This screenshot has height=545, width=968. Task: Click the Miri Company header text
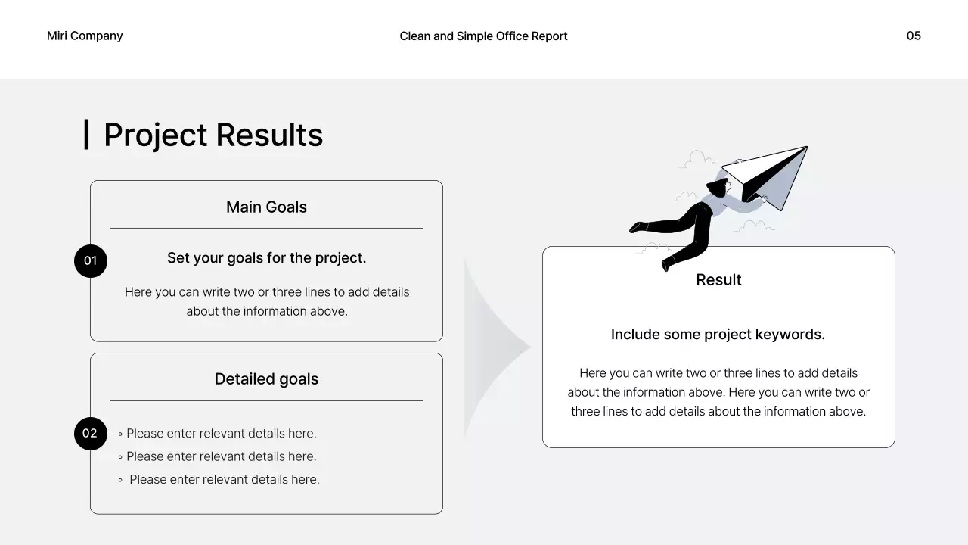pyautogui.click(x=85, y=36)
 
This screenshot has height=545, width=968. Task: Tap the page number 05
pyautogui.click(x=914, y=36)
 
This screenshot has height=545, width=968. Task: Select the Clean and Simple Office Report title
pyautogui.click(x=483, y=36)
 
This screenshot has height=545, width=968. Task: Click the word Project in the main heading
pyautogui.click(x=155, y=135)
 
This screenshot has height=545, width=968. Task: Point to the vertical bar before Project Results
pyautogui.click(x=86, y=134)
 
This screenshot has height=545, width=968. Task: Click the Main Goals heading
pyautogui.click(x=266, y=207)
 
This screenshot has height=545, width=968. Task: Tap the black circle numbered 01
pyautogui.click(x=91, y=261)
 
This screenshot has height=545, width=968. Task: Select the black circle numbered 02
pyautogui.click(x=91, y=434)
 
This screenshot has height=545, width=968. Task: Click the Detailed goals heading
pyautogui.click(x=266, y=379)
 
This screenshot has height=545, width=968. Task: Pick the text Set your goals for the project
pyautogui.click(x=266, y=258)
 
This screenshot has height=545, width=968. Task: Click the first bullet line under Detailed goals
pyautogui.click(x=221, y=434)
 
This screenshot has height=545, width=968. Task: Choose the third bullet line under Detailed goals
pyautogui.click(x=224, y=479)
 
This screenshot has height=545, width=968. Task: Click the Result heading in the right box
pyautogui.click(x=718, y=279)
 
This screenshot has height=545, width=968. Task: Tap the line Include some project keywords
pyautogui.click(x=718, y=334)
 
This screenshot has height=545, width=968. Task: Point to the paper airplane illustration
pyautogui.click(x=768, y=176)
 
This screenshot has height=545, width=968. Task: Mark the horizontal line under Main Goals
pyautogui.click(x=266, y=228)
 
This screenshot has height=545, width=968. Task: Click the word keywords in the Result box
pyautogui.click(x=793, y=334)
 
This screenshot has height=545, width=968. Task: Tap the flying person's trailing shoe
pyautogui.click(x=637, y=227)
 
